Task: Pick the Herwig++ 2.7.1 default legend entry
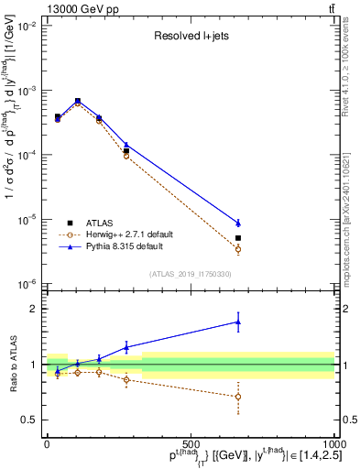[134, 234]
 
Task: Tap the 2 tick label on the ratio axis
[34, 309]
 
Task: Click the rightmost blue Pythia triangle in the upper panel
[238, 223]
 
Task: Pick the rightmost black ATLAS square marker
[238, 238]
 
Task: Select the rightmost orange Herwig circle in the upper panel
[238, 249]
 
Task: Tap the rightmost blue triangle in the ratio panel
[238, 322]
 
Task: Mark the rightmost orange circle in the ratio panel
[238, 397]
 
